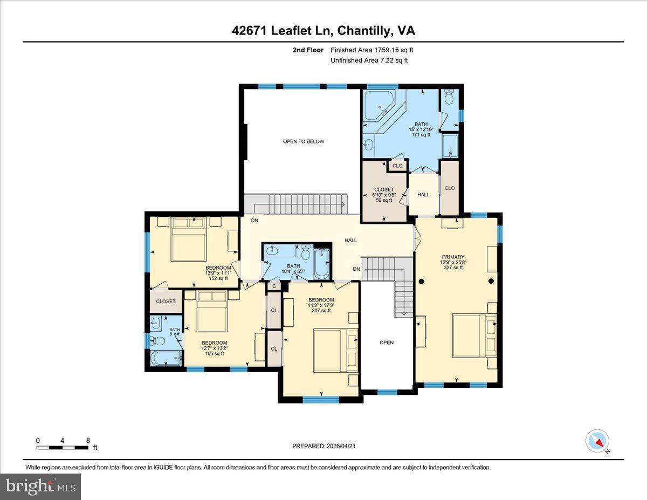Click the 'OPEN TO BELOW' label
(304, 141)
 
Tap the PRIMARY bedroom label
(452, 257)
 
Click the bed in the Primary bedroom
(474, 337)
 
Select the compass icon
(597, 441)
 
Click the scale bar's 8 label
(88, 440)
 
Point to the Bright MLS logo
(41, 487)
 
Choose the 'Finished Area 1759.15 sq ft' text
(372, 50)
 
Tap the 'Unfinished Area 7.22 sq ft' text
(369, 60)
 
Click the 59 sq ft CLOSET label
(383, 190)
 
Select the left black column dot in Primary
(422, 281)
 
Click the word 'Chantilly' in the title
(364, 31)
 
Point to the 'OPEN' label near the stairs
(387, 343)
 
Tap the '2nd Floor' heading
(308, 50)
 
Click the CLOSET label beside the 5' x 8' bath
(166, 301)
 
